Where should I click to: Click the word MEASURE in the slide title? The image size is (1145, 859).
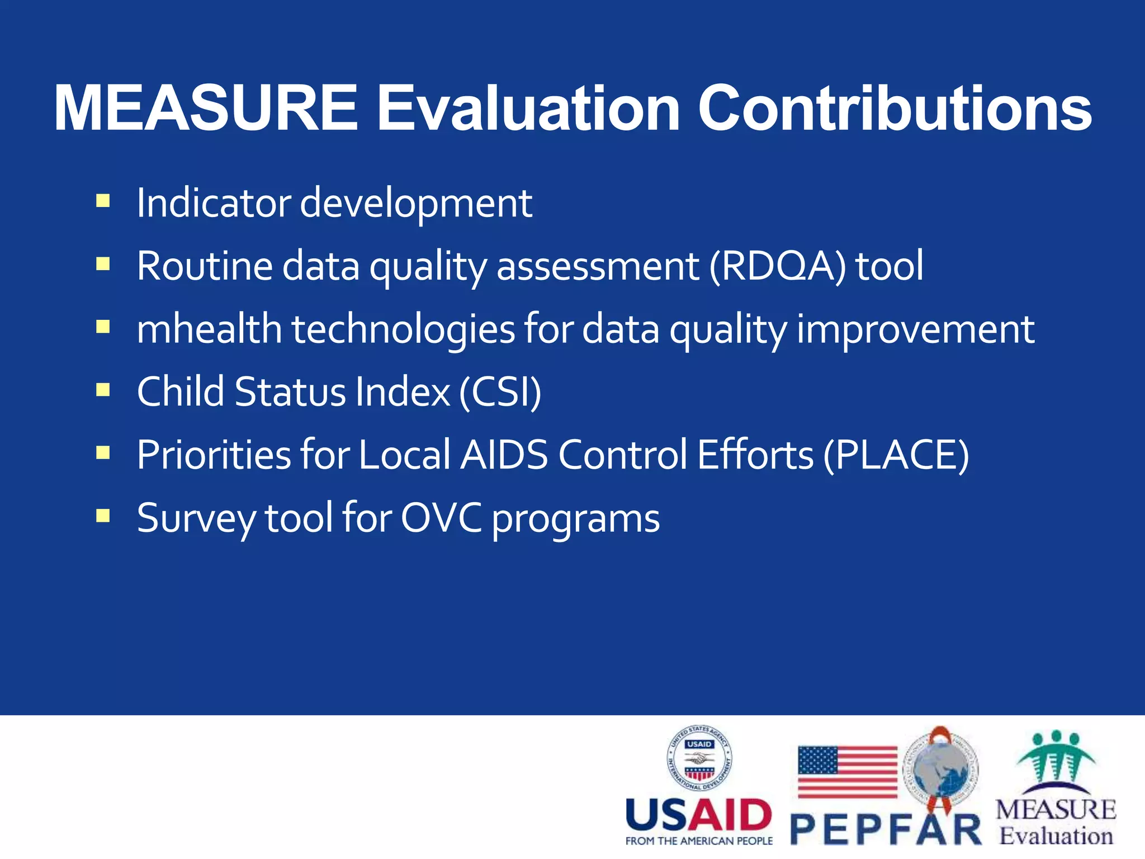(x=206, y=108)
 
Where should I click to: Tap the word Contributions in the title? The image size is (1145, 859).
(x=895, y=108)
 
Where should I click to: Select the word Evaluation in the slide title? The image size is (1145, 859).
(x=528, y=108)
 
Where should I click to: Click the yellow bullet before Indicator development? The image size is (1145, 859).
(x=103, y=201)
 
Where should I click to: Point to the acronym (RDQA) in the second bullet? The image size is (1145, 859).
(x=778, y=266)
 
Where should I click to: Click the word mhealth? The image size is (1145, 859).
(x=209, y=329)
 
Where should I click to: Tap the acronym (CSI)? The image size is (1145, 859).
(x=500, y=392)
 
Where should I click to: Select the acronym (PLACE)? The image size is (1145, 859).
(x=896, y=455)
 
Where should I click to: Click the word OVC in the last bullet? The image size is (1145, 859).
(x=441, y=518)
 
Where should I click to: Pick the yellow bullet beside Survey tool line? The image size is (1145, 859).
(x=103, y=515)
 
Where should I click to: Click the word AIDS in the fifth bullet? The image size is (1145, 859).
(x=504, y=455)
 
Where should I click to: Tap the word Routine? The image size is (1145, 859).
(x=205, y=266)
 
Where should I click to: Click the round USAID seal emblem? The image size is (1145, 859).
(x=699, y=758)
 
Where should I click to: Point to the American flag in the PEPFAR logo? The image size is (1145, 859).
(x=847, y=772)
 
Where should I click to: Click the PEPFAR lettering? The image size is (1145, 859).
(x=886, y=830)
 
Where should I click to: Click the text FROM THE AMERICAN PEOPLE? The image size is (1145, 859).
(x=699, y=841)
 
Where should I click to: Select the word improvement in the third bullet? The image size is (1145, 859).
(x=915, y=329)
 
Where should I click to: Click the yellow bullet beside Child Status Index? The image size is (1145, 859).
(x=103, y=389)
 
